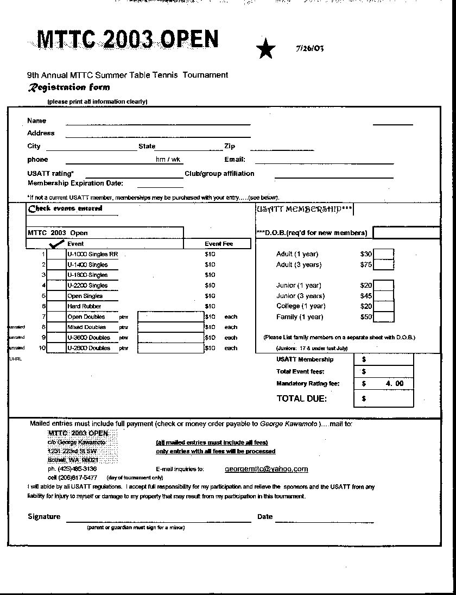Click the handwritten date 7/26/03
click(310, 48)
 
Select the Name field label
click(37, 121)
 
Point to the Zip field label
click(230, 146)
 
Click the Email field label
click(235, 160)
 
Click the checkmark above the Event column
click(56, 244)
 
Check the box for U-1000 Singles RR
click(56, 254)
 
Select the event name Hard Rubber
click(84, 306)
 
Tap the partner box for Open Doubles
click(170, 317)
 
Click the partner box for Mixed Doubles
click(170, 327)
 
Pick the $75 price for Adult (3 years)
click(366, 264)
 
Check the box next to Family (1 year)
click(384, 317)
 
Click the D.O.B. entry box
click(406, 233)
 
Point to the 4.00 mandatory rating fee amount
click(395, 383)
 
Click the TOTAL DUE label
click(301, 398)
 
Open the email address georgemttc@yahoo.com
click(266, 469)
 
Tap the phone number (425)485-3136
click(72, 469)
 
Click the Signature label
click(44, 516)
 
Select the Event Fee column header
click(219, 244)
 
